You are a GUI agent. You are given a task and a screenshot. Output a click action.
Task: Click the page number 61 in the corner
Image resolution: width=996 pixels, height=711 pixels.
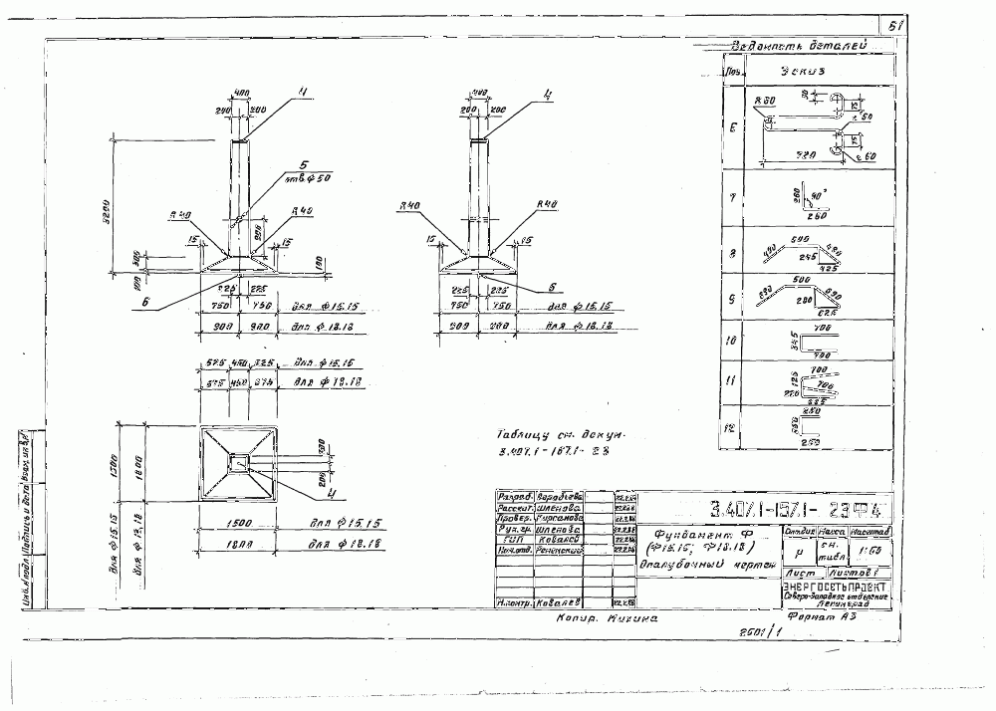(x=888, y=27)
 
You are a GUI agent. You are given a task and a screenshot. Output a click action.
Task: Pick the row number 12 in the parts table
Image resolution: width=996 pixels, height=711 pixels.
(x=732, y=428)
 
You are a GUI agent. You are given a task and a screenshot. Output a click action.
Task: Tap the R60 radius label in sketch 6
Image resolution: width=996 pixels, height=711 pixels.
(x=765, y=102)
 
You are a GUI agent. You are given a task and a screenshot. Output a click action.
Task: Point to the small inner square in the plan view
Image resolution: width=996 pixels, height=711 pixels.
(x=239, y=463)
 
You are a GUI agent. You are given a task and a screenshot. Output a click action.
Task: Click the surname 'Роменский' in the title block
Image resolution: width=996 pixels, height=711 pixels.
(x=560, y=549)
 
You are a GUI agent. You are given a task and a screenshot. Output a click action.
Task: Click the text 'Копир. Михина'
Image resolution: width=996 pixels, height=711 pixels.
(x=607, y=618)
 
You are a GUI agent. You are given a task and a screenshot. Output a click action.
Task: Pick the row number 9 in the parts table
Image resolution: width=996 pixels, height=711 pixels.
(x=732, y=298)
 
